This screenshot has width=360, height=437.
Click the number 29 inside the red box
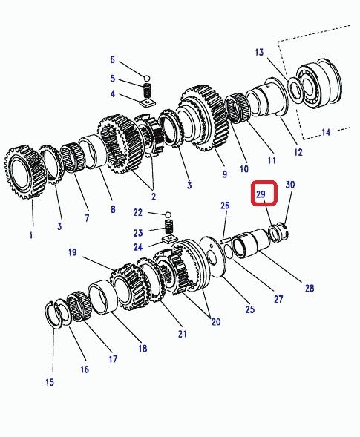(x=261, y=194)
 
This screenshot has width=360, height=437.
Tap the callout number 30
(x=290, y=185)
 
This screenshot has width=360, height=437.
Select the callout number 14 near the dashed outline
(x=326, y=132)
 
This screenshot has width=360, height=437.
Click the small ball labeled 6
(x=147, y=78)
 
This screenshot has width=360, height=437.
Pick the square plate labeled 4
(x=147, y=103)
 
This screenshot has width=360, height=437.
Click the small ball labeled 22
(x=168, y=215)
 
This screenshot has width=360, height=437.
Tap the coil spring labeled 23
(x=169, y=226)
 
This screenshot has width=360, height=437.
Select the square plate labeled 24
(x=170, y=239)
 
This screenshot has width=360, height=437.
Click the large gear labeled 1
(x=25, y=172)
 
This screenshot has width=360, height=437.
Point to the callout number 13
(x=259, y=52)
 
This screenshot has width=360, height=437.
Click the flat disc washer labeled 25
(x=214, y=257)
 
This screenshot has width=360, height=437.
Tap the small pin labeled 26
(x=226, y=240)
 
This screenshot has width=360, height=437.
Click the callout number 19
(x=73, y=252)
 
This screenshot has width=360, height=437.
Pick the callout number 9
(x=225, y=174)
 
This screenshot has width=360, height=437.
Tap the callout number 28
(x=310, y=288)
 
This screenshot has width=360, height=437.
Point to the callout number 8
(x=113, y=209)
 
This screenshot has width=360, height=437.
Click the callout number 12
(x=298, y=152)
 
